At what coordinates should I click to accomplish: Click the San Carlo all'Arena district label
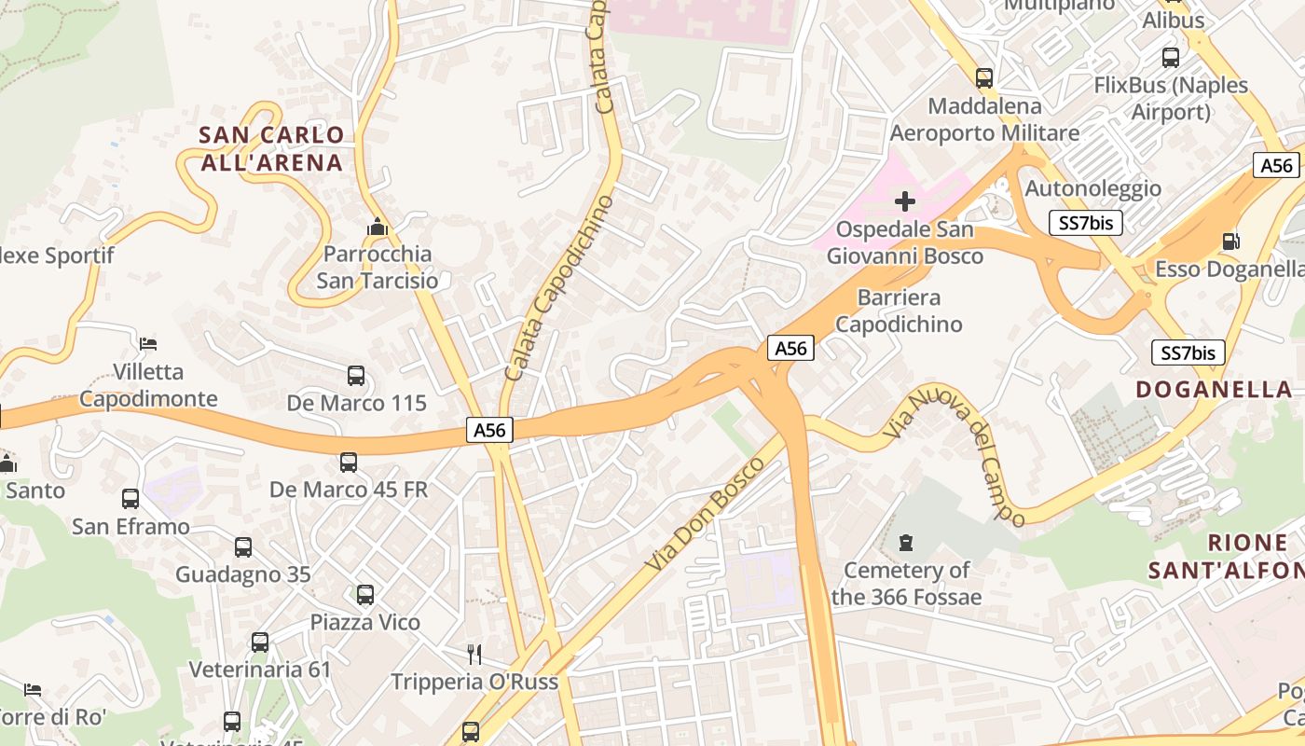[x=271, y=149]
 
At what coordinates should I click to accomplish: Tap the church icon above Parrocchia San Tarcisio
[x=377, y=227]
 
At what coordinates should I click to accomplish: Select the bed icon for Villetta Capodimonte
[x=148, y=343]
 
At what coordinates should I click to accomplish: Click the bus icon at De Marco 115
[x=356, y=376]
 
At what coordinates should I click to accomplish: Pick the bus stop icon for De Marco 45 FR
[x=349, y=462]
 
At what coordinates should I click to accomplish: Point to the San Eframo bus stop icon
[x=130, y=499]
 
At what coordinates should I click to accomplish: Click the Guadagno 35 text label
[x=242, y=574]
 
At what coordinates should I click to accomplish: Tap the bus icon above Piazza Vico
[x=365, y=594]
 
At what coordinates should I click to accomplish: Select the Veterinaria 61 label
[x=260, y=670]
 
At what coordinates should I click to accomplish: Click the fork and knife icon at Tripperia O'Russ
[x=474, y=654]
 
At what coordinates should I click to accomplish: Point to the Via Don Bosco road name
[x=706, y=514]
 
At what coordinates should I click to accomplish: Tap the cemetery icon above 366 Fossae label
[x=905, y=542]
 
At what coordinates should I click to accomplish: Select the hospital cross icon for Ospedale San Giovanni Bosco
[x=904, y=200]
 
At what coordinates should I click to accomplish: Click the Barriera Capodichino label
[x=899, y=311]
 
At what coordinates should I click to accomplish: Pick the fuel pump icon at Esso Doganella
[x=1231, y=241]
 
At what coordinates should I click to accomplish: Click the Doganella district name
[x=1215, y=390]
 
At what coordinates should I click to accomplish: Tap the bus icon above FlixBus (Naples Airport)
[x=1171, y=58]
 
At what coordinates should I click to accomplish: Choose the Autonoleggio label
[x=1092, y=188]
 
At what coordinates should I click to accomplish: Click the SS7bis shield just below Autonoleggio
[x=1085, y=223]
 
